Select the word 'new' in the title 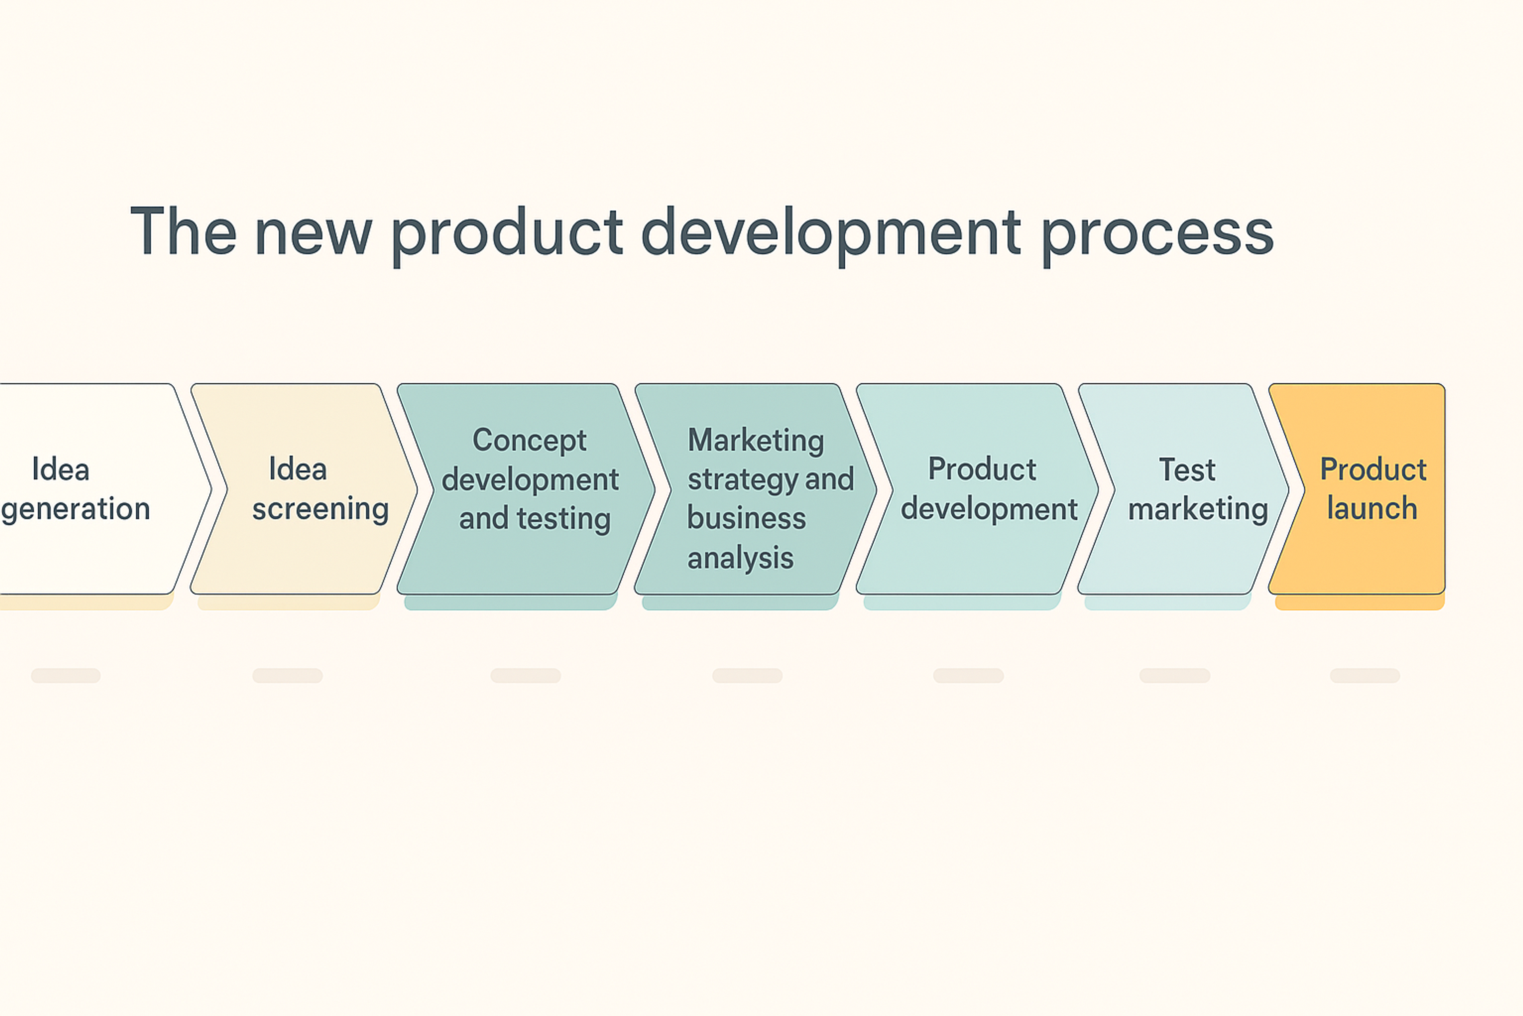(x=313, y=233)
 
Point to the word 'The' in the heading (x=183, y=231)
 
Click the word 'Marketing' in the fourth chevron (x=755, y=441)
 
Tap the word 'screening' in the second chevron (x=320, y=509)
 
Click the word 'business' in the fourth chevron (x=746, y=518)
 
